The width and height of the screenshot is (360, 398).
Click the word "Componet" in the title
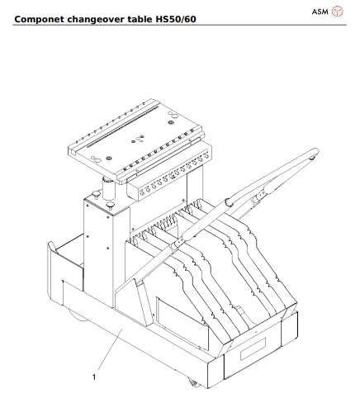[x=41, y=16]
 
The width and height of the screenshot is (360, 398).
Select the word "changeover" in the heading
[x=104, y=16]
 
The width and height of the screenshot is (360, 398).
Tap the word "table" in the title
[x=153, y=16]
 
